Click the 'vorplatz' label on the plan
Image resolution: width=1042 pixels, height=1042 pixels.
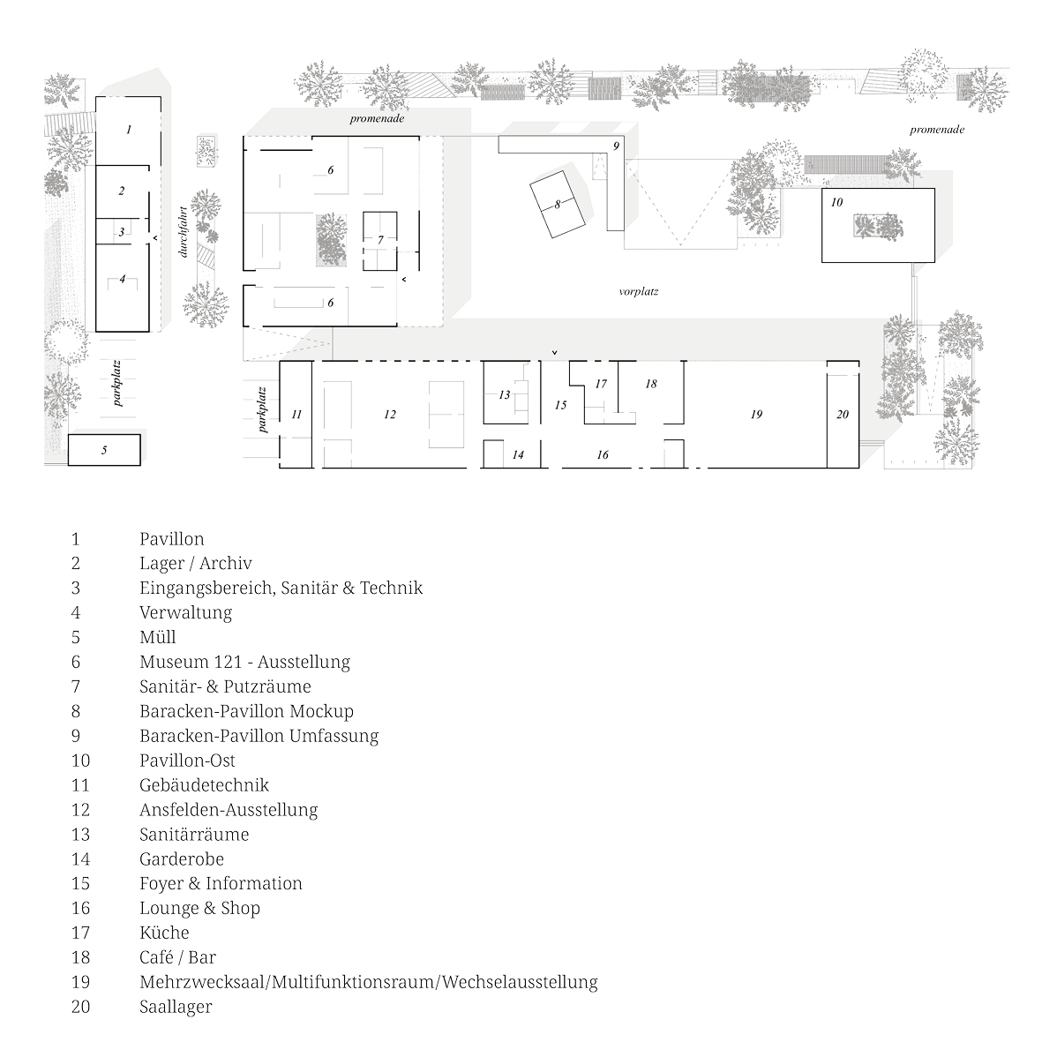(639, 291)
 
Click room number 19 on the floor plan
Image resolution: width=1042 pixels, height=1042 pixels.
(756, 414)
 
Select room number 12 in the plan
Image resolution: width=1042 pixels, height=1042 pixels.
(390, 414)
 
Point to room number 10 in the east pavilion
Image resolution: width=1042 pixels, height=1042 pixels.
(837, 202)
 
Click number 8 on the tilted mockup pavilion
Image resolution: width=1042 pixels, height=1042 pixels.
(557, 204)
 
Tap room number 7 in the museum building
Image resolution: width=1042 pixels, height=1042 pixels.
(380, 239)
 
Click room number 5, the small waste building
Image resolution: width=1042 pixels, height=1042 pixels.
(104, 450)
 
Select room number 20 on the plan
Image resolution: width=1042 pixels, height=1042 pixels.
(843, 414)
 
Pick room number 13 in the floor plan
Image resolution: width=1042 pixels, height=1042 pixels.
(505, 394)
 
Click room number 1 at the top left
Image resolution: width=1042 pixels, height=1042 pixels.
(129, 130)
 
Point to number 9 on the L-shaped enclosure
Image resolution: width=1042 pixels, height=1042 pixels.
(617, 145)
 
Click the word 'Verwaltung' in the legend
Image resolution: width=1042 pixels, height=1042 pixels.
(185, 612)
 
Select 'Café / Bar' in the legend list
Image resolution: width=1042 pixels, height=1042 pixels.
(177, 957)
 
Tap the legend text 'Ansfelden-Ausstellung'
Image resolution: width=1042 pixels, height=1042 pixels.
(228, 810)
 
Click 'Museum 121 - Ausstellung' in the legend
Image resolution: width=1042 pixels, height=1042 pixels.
(244, 662)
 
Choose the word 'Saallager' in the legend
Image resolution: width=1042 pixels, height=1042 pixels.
(176, 1007)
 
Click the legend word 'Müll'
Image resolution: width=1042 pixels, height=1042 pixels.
(157, 637)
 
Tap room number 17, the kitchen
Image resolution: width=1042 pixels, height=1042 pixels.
(601, 384)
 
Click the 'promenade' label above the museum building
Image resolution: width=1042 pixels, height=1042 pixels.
(377, 118)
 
